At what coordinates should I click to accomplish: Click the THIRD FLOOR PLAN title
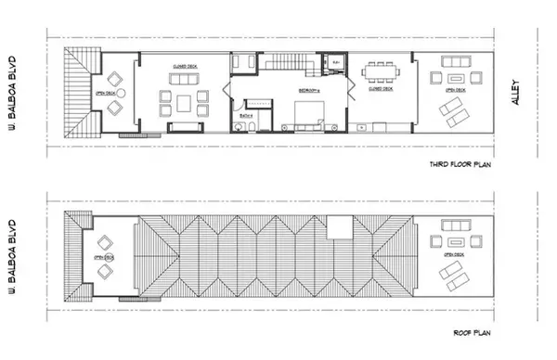point(460,166)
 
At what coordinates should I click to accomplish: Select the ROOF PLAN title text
point(473,331)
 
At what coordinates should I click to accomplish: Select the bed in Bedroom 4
point(307,115)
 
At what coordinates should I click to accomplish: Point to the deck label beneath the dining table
point(381,89)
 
